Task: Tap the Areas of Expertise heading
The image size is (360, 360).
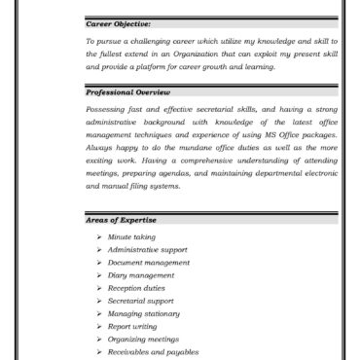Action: [x=121, y=221]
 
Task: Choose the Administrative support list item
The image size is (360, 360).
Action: [x=148, y=250]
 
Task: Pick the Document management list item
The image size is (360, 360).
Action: [x=149, y=263]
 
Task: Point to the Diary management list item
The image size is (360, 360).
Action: [x=141, y=275]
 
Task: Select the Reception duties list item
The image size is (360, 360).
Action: [x=136, y=288]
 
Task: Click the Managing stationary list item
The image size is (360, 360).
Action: [x=144, y=313]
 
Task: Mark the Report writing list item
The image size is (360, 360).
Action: [x=133, y=326]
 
